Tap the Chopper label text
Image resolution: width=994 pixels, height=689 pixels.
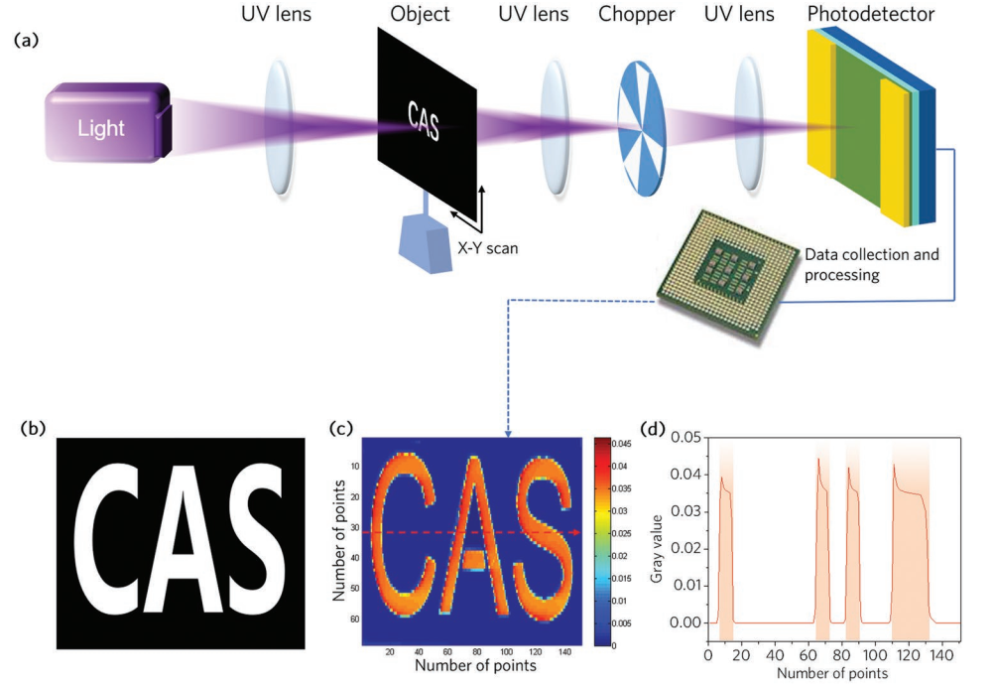point(635,15)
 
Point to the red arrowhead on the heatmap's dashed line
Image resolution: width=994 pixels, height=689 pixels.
point(574,533)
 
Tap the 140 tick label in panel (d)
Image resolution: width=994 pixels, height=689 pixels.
point(938,656)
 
